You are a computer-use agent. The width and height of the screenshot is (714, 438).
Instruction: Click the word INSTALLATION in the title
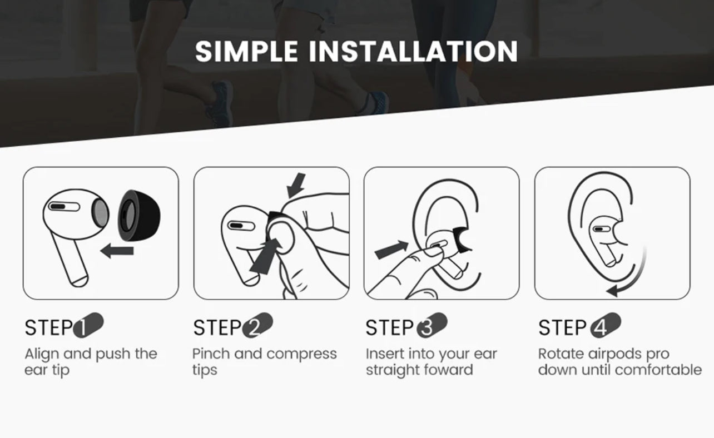[x=413, y=51]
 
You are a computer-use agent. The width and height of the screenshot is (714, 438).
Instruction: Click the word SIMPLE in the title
[x=246, y=51]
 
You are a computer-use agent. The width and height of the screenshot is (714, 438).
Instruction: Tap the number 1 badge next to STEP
[x=88, y=325]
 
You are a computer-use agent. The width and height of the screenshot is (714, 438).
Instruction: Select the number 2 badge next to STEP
[x=257, y=325]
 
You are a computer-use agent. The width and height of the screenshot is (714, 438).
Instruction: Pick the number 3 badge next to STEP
[x=432, y=325]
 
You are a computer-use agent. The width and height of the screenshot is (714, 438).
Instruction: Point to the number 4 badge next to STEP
[x=606, y=325]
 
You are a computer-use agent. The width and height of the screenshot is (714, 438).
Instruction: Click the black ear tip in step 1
[x=139, y=215]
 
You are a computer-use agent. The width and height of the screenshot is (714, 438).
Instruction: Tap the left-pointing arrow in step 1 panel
[x=117, y=251]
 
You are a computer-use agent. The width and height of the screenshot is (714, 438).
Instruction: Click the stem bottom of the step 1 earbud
[x=79, y=282]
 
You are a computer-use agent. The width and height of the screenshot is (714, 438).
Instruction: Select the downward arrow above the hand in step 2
[x=296, y=186]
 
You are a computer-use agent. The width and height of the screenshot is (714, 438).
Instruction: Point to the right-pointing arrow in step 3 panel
[x=391, y=250]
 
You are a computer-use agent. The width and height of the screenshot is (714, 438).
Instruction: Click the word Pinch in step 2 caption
[x=211, y=354]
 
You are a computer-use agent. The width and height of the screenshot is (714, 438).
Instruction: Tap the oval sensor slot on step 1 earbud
[x=64, y=206]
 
